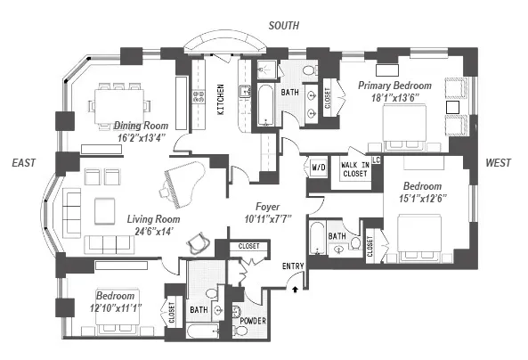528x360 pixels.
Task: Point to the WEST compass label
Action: pos(498,162)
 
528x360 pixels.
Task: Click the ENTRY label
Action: pos(293,266)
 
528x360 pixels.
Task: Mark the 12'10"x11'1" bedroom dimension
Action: pos(117,307)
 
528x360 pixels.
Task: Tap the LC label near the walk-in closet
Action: pos(377,160)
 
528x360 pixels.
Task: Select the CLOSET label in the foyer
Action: pos(248,245)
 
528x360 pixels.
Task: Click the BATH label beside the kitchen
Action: pos(290,91)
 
